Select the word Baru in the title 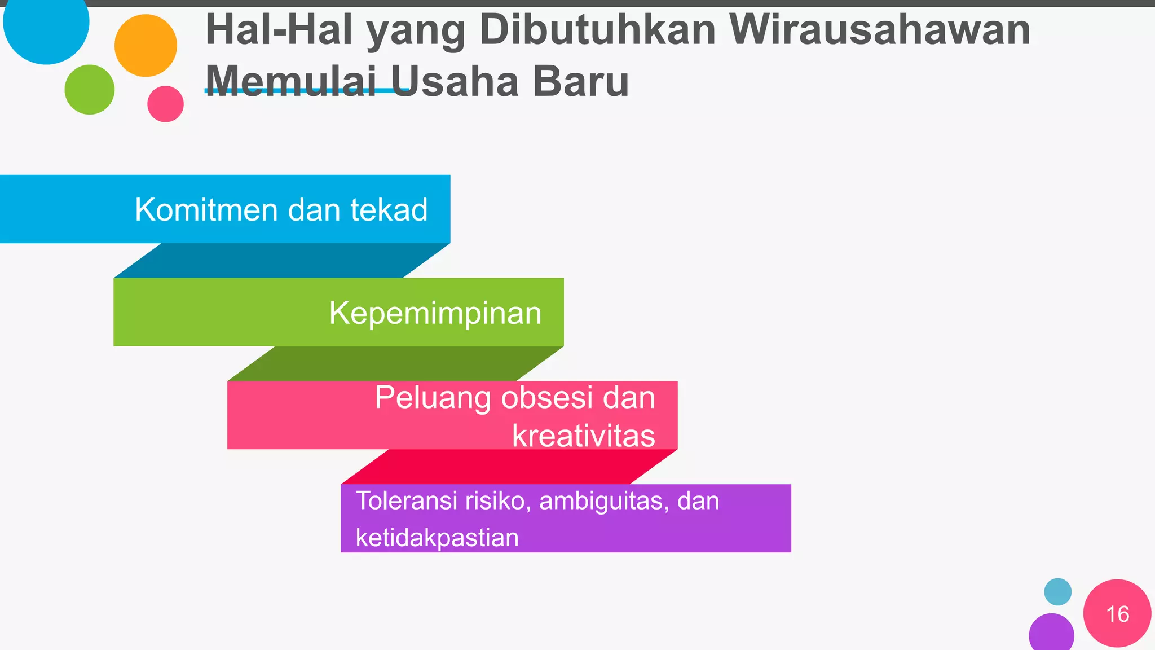click(580, 81)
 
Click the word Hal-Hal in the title click(279, 29)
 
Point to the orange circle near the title click(146, 46)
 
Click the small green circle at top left click(90, 90)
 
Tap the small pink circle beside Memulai click(165, 104)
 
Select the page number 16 click(1117, 614)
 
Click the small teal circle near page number click(1057, 592)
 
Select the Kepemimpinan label click(435, 313)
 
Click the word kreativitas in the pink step click(583, 436)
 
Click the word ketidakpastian click(437, 537)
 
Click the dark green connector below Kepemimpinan click(395, 363)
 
